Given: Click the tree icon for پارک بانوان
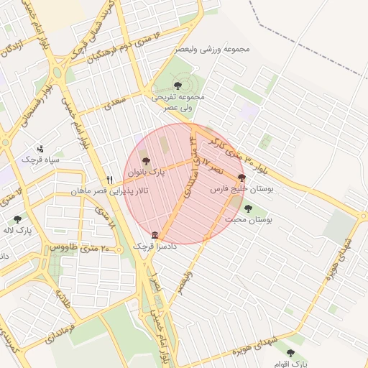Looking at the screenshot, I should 147,162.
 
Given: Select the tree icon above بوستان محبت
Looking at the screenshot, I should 248,208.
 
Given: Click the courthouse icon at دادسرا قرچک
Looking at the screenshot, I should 155,235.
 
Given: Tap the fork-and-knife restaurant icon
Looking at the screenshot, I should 109,180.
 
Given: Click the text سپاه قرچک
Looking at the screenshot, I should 39,159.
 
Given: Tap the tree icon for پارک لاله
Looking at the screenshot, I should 17,219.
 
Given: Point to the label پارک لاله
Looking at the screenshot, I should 24,231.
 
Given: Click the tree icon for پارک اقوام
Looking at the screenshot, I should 290,353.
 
